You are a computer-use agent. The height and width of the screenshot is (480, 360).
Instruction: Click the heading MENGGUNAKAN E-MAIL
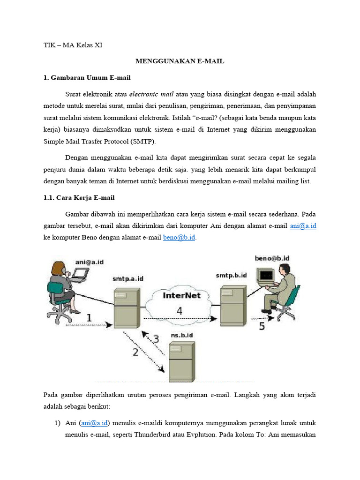pyautogui.click(x=180, y=61)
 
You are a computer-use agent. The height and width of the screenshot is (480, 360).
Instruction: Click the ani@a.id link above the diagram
pyautogui.click(x=303, y=225)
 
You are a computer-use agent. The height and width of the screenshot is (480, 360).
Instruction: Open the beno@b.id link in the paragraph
pyautogui.click(x=179, y=238)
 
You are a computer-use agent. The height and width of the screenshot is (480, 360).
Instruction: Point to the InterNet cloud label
pyautogui.click(x=181, y=295)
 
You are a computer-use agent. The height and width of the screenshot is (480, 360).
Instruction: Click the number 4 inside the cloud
pyautogui.click(x=179, y=310)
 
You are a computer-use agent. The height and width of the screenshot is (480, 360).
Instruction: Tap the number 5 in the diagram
pyautogui.click(x=262, y=326)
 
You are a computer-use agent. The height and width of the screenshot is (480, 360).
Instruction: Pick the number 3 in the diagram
pyautogui.click(x=156, y=337)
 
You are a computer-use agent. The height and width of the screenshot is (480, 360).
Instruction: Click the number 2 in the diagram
pyautogui.click(x=135, y=352)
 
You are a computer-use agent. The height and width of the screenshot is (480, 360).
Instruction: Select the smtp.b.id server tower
pyautogui.click(x=232, y=304)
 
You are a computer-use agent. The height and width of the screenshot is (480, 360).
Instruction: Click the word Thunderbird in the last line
pyautogui.click(x=142, y=435)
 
